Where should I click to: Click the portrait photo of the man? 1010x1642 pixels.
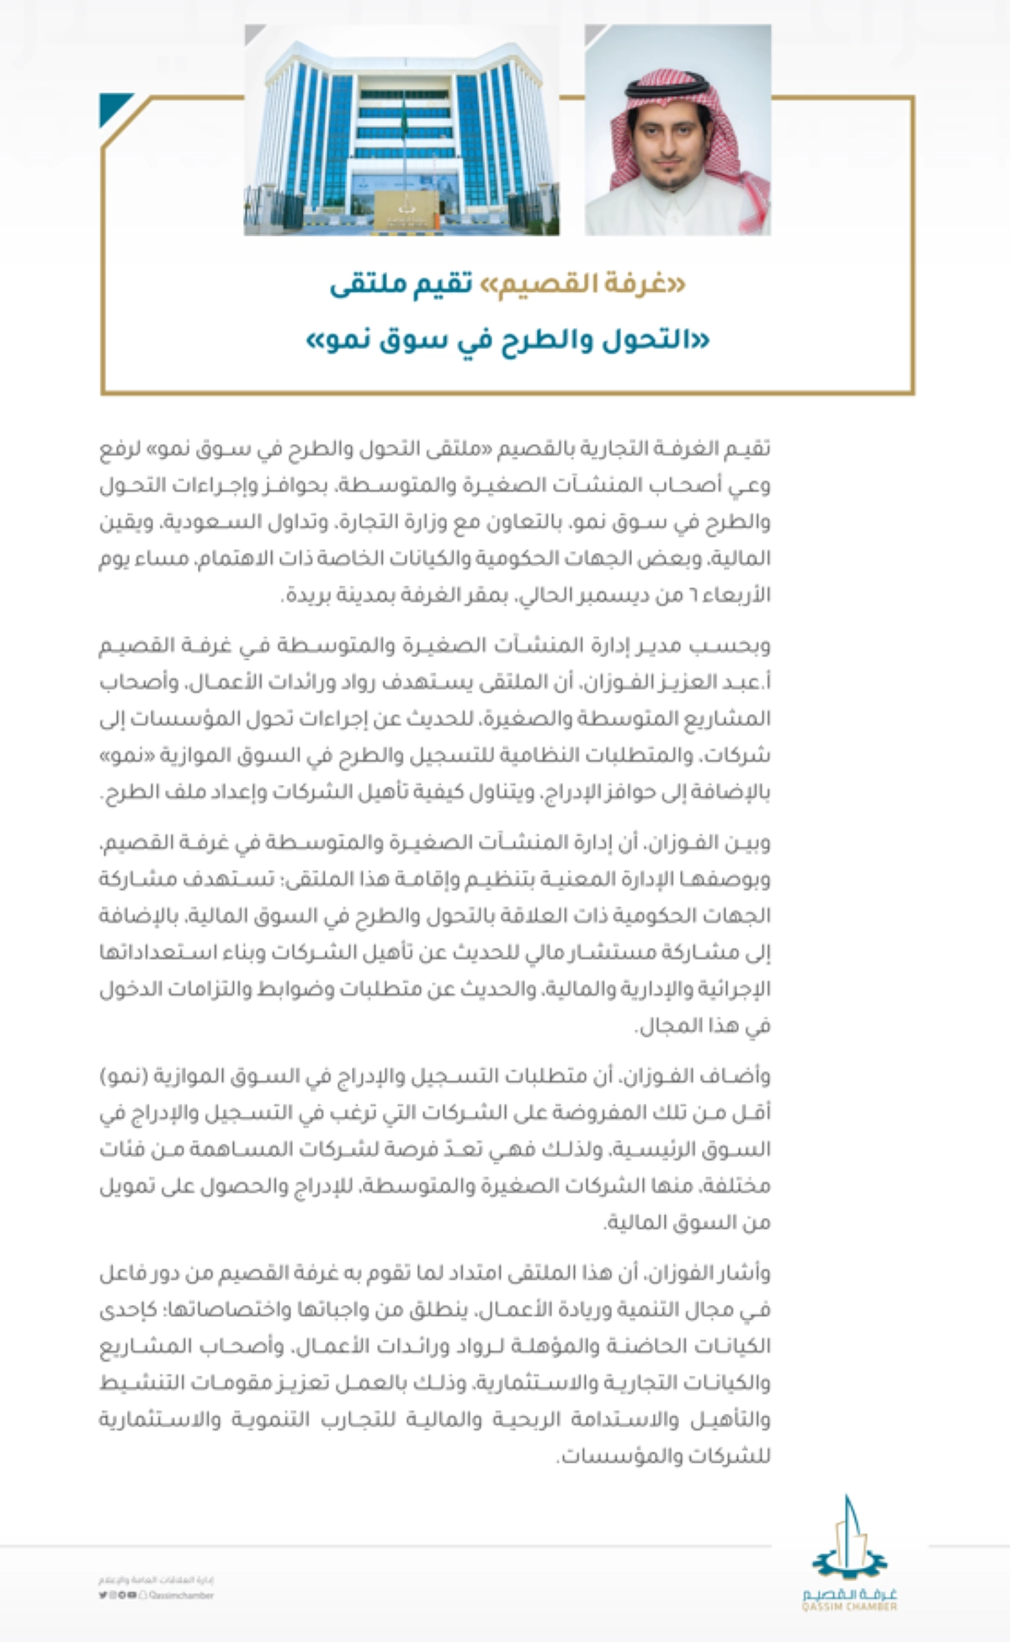678,130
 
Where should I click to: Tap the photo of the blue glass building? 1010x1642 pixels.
401,130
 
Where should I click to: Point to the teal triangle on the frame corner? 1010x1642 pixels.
114,107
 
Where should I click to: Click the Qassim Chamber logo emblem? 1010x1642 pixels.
849,1539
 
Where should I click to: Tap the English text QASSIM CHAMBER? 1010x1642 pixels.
849,1607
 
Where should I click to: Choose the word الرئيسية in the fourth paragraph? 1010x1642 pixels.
662,1150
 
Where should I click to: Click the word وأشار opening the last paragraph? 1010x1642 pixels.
744,1273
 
